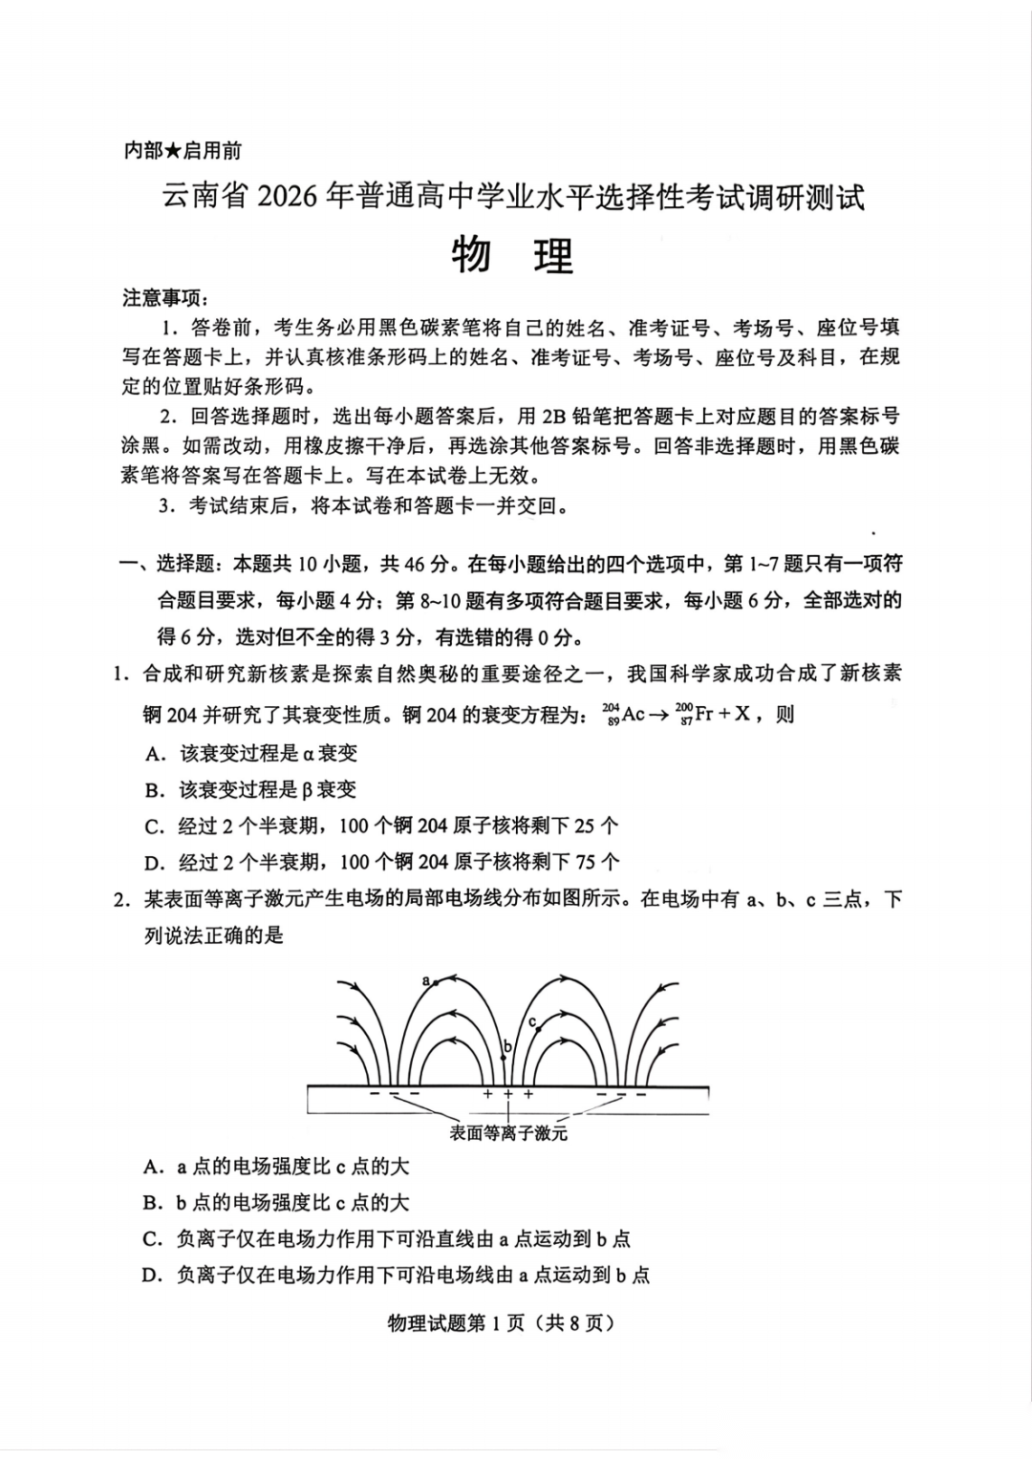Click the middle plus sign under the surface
pyautogui.click(x=507, y=1094)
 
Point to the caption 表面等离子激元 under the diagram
pyautogui.click(x=508, y=1133)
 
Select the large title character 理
pyautogui.click(x=553, y=255)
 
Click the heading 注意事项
pyautogui.click(x=164, y=298)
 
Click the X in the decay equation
pyautogui.click(x=742, y=714)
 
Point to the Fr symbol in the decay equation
pyautogui.click(x=703, y=714)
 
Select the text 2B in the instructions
pyautogui.click(x=554, y=417)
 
